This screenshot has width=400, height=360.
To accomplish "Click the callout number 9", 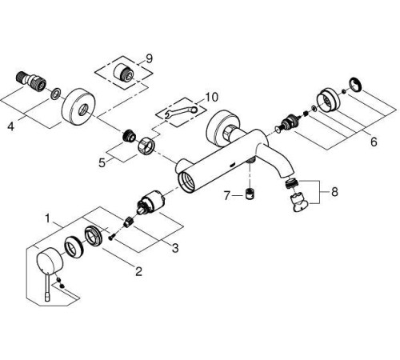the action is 150,58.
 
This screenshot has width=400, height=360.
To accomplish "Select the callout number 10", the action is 212,97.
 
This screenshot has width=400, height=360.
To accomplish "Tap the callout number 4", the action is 10,126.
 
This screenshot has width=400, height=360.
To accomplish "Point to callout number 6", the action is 374,142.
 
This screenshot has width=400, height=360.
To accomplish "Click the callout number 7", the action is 226,196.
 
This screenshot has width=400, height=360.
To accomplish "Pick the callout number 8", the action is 334,192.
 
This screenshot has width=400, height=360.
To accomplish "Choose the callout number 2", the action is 138,271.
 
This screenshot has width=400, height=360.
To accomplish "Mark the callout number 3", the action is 175,248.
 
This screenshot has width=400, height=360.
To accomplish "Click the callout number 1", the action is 47,219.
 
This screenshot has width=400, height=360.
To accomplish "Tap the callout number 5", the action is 102,163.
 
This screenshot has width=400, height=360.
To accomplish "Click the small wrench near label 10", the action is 182,111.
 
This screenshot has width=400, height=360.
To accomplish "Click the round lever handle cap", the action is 50,262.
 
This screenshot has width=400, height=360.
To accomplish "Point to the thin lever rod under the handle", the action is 48,288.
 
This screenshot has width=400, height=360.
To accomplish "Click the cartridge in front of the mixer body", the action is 150,203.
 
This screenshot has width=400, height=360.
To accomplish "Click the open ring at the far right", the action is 356,85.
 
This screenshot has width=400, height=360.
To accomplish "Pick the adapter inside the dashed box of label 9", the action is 123,72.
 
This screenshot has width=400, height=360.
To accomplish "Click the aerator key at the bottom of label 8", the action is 301,203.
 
